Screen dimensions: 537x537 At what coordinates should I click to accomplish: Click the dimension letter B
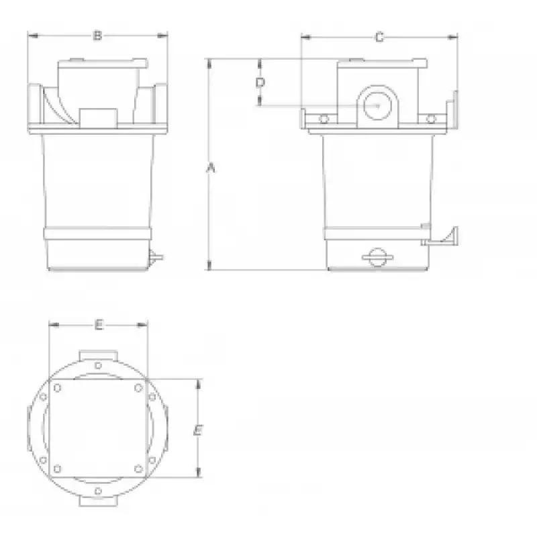tap(97, 36)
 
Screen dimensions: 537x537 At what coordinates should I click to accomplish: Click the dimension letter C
tap(379, 37)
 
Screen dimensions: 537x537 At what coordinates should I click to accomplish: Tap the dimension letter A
tap(211, 168)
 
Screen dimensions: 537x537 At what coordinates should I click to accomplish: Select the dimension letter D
tap(260, 83)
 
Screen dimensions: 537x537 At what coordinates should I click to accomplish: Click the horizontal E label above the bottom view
tap(99, 324)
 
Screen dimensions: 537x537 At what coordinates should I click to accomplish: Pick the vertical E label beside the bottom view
tap(198, 430)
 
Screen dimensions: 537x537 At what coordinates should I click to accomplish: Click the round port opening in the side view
tap(377, 105)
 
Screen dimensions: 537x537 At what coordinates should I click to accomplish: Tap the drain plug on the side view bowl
tap(377, 257)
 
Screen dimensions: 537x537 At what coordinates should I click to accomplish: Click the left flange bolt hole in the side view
tap(324, 119)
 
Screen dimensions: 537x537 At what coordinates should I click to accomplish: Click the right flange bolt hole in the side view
tap(431, 119)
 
